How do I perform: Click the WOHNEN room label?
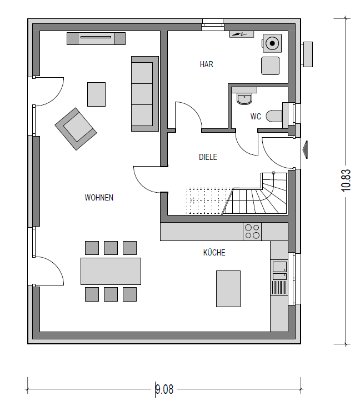click(99, 198)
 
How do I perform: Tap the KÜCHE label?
click(214, 253)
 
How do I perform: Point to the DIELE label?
click(208, 157)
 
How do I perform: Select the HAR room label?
click(207, 64)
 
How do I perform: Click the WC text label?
click(256, 117)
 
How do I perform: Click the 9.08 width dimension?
click(164, 389)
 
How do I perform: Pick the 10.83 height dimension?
click(346, 180)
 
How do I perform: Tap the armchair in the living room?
click(76, 129)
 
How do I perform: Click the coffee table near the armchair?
click(96, 94)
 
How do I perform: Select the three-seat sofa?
click(145, 94)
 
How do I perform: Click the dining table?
click(111, 271)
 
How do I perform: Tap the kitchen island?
click(228, 289)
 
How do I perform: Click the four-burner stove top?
click(252, 232)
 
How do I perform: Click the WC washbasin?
click(244, 99)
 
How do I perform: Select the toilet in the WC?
click(274, 116)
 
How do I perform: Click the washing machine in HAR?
click(272, 43)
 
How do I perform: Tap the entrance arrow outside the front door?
click(305, 149)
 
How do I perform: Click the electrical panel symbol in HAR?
click(242, 34)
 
